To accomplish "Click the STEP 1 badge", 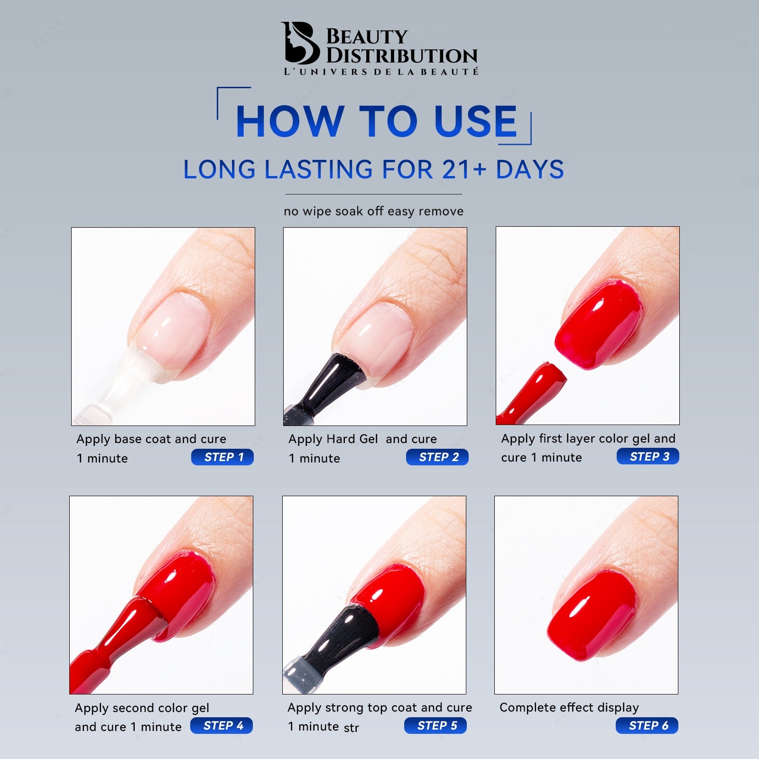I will [x=222, y=457].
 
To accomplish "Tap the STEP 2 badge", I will [x=437, y=457].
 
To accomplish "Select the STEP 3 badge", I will [x=648, y=456].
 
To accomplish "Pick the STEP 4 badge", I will [x=222, y=725].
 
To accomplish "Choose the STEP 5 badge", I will [x=435, y=725].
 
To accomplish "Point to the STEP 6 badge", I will [x=647, y=725].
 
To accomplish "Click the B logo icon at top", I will [x=300, y=43].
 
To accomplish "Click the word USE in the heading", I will [x=475, y=121].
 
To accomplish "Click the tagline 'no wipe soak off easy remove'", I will [x=374, y=211].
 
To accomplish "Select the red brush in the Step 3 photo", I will [x=536, y=391].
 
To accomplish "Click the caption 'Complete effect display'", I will [x=569, y=707].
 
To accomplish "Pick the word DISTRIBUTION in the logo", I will [x=402, y=56].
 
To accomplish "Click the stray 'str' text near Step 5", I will [x=352, y=728].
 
